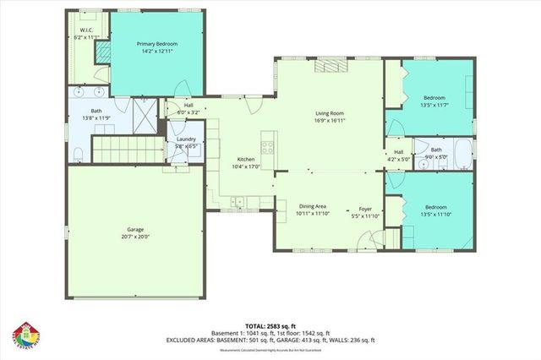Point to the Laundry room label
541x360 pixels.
[186, 139]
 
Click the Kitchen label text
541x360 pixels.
[246, 159]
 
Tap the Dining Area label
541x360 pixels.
[313, 207]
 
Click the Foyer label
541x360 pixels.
[365, 207]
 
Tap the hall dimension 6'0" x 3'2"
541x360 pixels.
[188, 112]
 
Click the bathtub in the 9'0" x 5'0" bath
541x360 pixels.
[462, 154]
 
